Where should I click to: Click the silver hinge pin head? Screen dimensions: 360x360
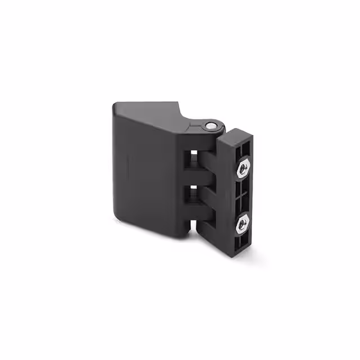(209, 126)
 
